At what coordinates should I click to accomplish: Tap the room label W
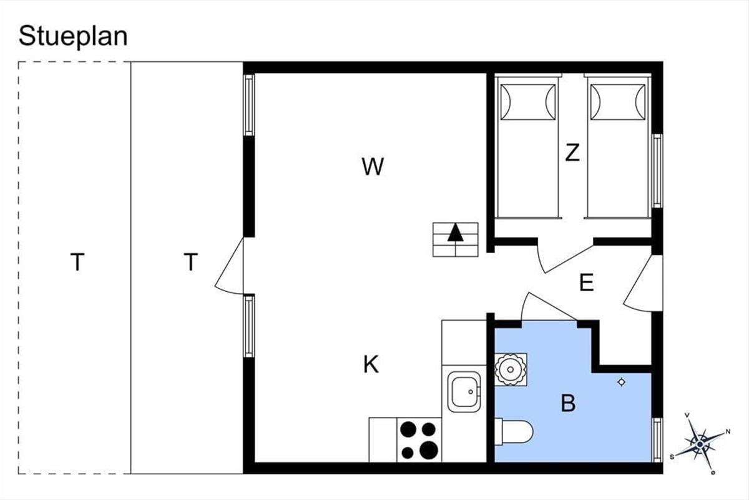click(373, 166)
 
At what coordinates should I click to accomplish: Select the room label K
click(371, 364)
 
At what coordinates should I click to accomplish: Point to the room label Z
click(572, 152)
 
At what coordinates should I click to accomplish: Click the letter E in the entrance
click(587, 282)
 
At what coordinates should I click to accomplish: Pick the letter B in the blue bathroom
click(568, 403)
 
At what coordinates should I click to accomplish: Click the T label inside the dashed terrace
click(77, 262)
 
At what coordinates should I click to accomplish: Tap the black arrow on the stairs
click(456, 232)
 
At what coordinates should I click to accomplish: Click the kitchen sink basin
click(464, 391)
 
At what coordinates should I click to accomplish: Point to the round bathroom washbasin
click(511, 370)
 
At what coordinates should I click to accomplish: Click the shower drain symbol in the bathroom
click(621, 382)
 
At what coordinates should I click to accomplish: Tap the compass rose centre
click(700, 444)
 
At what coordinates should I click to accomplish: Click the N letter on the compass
click(728, 432)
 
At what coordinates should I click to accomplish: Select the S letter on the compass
click(672, 457)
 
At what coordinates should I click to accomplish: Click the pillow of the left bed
click(528, 102)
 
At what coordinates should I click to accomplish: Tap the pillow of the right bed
click(617, 102)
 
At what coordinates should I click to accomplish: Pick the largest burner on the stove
click(429, 450)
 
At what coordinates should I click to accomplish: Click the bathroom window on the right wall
click(657, 440)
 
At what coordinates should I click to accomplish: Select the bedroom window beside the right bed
click(657, 171)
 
